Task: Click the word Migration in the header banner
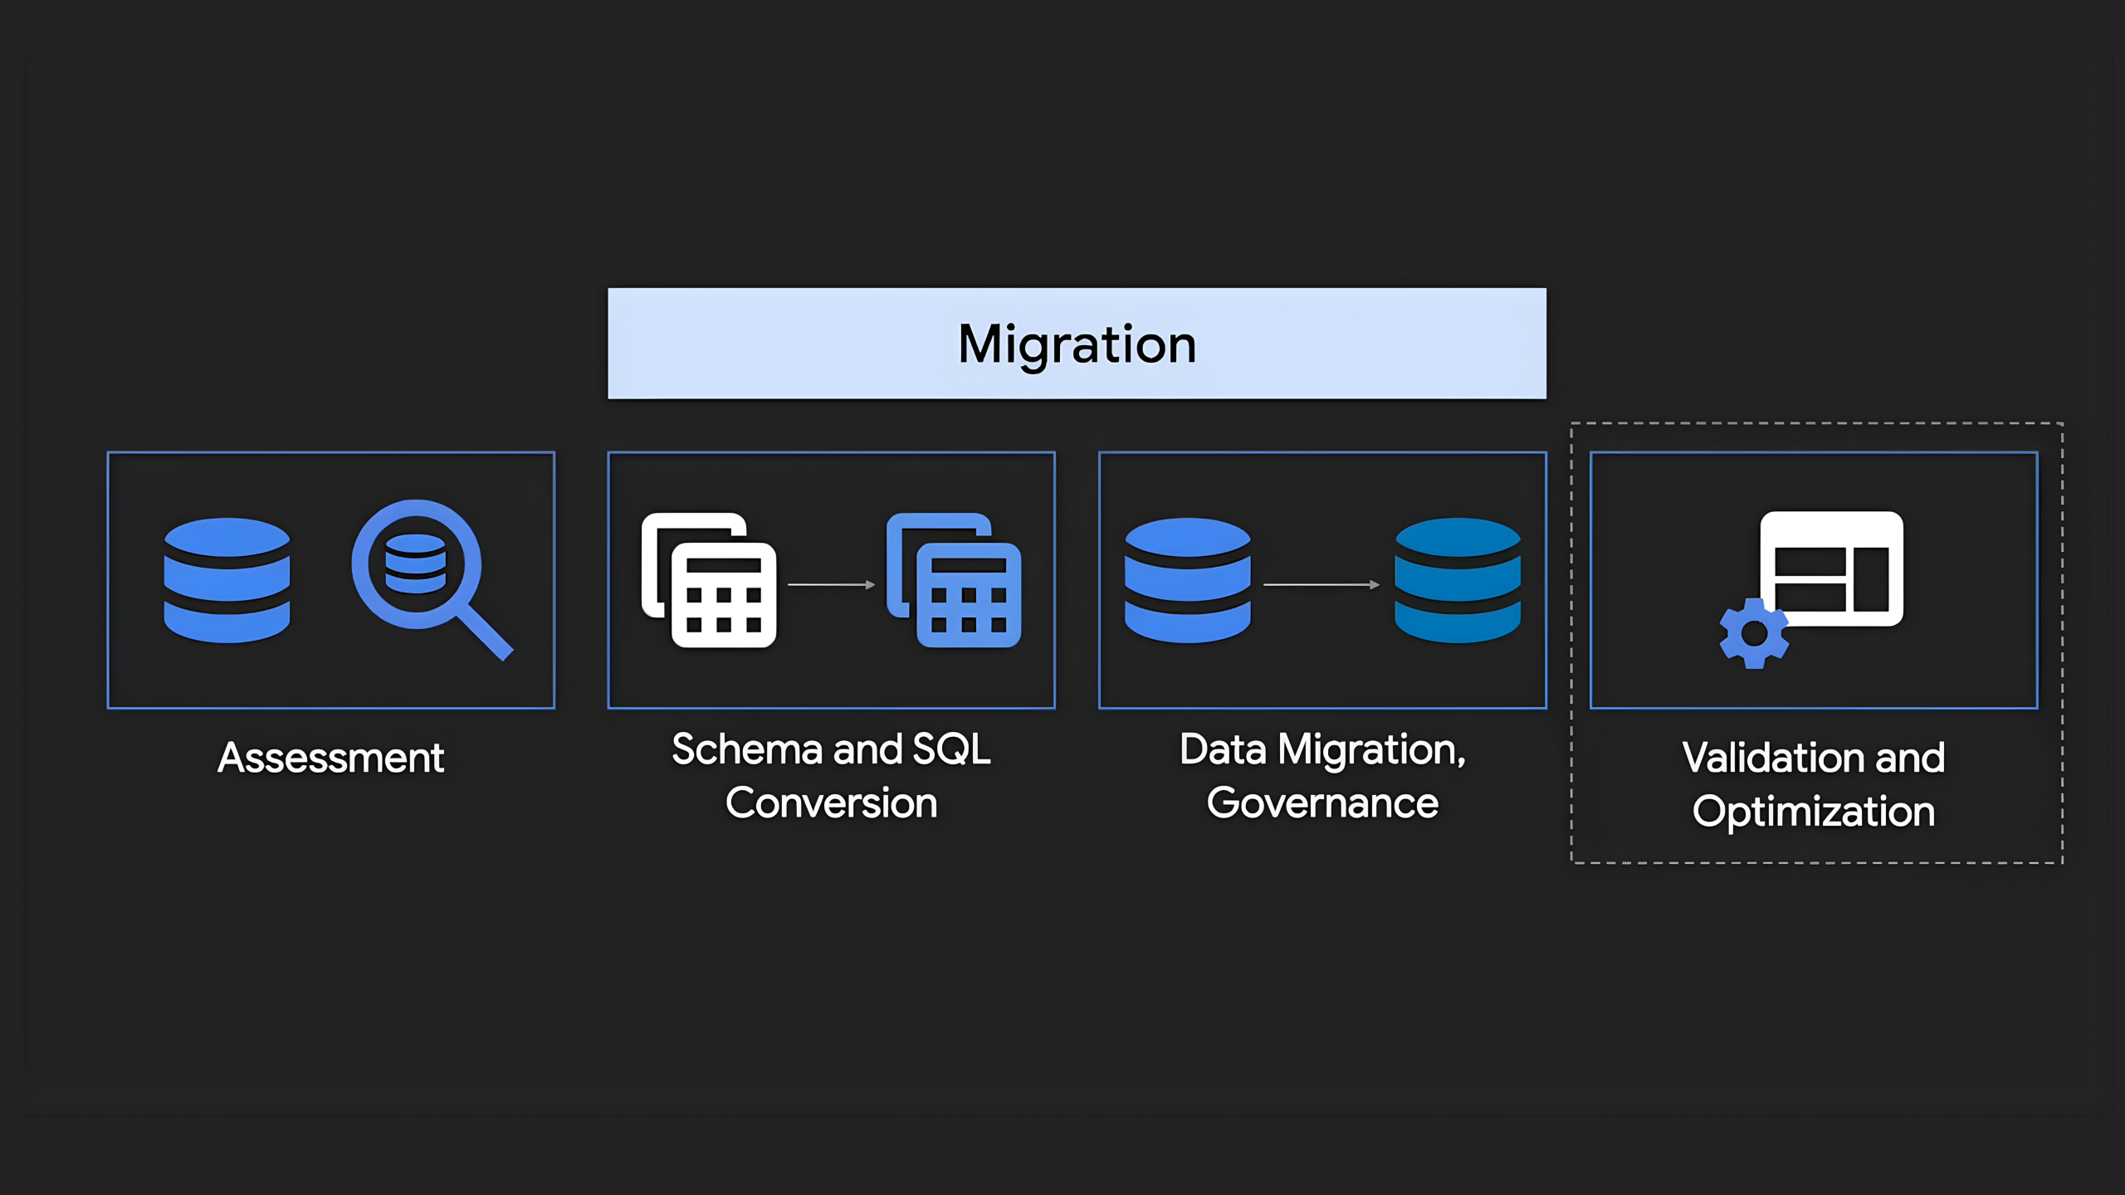coord(1077,344)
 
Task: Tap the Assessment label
coord(330,758)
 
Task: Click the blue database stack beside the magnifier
coord(227,580)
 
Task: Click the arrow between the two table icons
coord(831,585)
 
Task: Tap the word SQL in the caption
coord(951,749)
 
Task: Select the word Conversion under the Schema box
coord(831,803)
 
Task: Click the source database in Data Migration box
coord(1187,580)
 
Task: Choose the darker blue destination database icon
coord(1458,580)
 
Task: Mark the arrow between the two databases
coord(1321,585)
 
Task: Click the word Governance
coord(1322,803)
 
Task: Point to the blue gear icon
coord(1753,634)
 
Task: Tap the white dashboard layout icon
coord(1832,568)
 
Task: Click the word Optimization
coord(1814,812)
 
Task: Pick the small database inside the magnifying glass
coord(416,563)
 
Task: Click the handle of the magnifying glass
coord(485,632)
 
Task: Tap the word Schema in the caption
coord(746,749)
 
